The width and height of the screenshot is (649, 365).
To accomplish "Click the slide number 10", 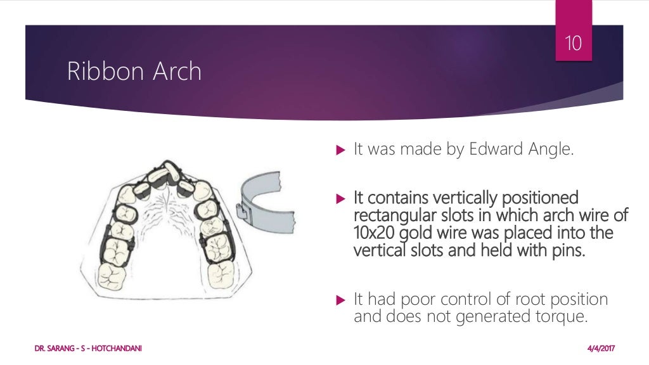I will point(574,44).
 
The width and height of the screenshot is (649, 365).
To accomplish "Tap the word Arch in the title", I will point(177,72).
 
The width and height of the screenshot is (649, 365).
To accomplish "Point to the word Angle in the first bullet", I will point(550,150).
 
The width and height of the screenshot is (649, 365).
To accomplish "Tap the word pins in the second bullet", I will point(569,251).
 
